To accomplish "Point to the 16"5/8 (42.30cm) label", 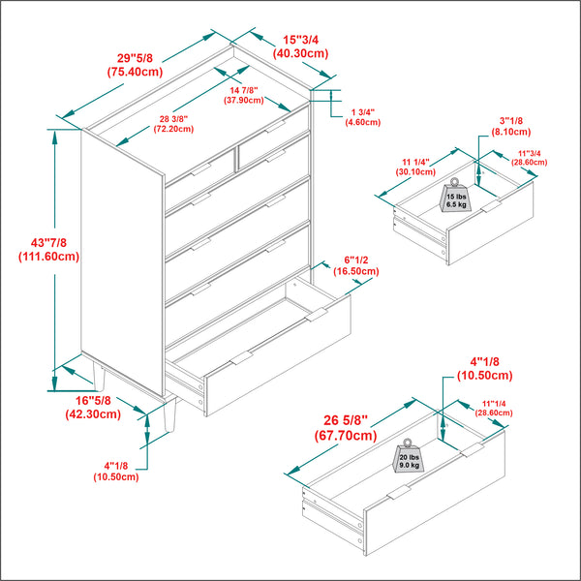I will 93,407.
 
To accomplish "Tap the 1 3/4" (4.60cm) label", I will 363,117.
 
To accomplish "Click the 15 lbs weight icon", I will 455,197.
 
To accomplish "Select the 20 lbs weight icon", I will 407,458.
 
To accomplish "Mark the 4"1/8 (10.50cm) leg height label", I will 116,471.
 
